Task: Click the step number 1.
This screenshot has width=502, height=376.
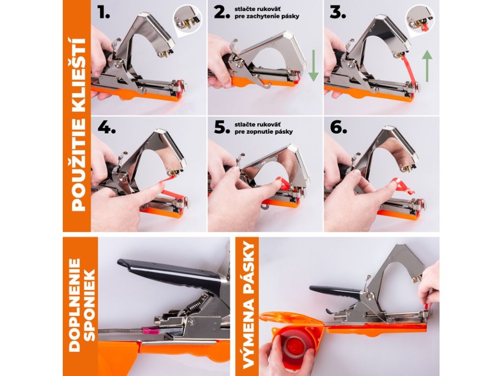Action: tap(104, 13)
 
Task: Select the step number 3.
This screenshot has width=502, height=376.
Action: tap(338, 13)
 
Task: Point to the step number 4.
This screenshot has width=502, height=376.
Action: tap(106, 128)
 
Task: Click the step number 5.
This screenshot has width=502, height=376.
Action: tap(222, 128)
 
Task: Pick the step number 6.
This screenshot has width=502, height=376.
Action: tap(338, 128)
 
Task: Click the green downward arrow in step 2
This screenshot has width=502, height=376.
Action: tap(313, 66)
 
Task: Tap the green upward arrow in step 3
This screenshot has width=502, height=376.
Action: tap(427, 66)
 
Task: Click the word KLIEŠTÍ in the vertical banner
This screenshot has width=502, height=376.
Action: tap(78, 74)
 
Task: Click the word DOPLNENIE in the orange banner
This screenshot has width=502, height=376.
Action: tap(75, 305)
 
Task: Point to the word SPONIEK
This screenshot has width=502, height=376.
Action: tap(90, 305)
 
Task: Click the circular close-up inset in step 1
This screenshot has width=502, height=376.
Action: tap(188, 20)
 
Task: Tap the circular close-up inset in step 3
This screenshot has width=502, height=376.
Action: tap(420, 20)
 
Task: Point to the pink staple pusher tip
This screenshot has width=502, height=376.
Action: tap(151, 330)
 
